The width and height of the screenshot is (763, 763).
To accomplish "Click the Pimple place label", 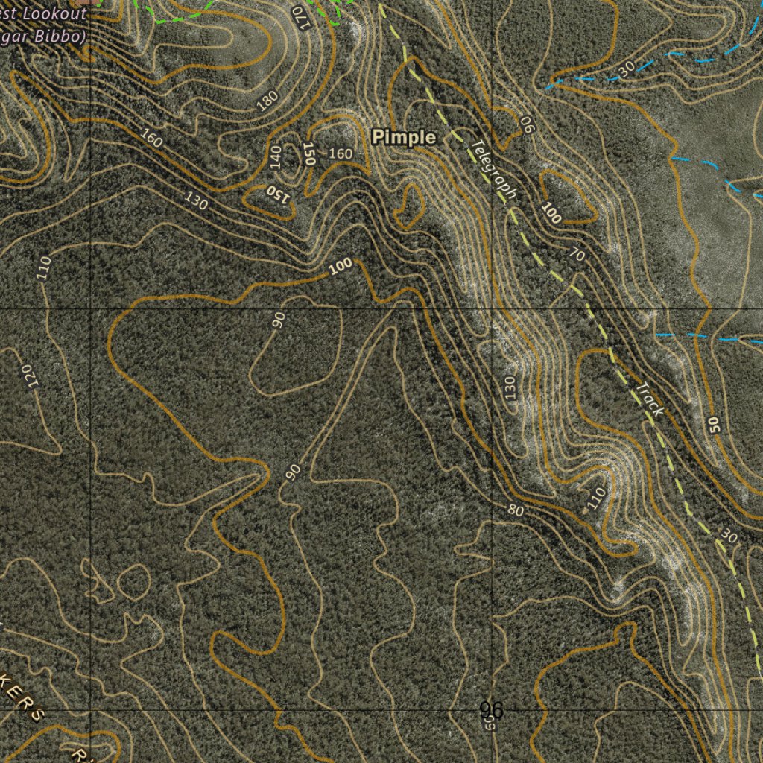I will [403, 137].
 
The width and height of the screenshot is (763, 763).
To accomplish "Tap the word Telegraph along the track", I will [494, 170].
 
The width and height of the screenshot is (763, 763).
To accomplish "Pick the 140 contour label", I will [276, 156].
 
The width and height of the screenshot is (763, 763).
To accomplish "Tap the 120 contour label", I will [29, 376].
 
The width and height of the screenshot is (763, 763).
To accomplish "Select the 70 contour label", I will [577, 256].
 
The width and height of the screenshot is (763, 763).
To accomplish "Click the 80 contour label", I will [516, 510].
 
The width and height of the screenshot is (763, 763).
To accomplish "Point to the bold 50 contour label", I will [714, 425].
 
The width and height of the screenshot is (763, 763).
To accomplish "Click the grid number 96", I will [491, 710].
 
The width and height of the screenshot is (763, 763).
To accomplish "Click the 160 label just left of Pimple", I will [341, 153].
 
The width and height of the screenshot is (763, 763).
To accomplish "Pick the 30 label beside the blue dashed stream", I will [626, 68].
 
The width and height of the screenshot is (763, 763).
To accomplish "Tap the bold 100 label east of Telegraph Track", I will [551, 213].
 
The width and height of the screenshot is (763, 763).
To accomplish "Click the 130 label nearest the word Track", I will [510, 387].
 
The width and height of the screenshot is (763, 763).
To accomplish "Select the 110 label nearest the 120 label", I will [43, 267].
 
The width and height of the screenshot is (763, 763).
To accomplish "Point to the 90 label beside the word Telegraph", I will [527, 124].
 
